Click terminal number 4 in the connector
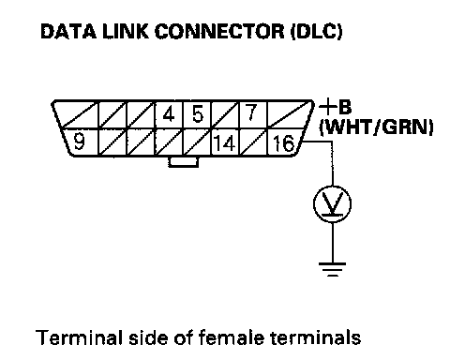(169, 114)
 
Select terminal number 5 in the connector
(198, 114)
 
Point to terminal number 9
(80, 142)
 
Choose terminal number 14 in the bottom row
(225, 142)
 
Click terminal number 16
(284, 142)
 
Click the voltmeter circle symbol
(332, 204)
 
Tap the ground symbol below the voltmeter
(332, 270)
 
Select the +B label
(336, 107)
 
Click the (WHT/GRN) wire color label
(376, 127)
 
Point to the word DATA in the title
(68, 32)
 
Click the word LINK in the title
(126, 32)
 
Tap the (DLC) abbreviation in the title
(317, 32)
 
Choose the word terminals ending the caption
(315, 337)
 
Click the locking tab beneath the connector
(184, 161)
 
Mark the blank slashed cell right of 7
(289, 114)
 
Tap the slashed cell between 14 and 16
(253, 142)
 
